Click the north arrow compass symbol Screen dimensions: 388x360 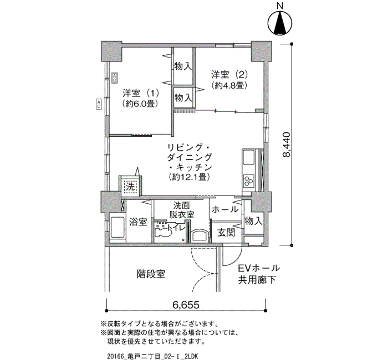pos(280,23)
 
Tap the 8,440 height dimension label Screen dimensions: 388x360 pos(286,145)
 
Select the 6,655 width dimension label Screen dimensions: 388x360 pos(186,305)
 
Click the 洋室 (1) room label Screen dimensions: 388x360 pos(141,93)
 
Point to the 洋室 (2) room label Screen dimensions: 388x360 pos(229,74)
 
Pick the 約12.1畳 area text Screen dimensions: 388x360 pos(190,177)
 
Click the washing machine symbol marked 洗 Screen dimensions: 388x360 pos(130,187)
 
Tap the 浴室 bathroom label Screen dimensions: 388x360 pos(138,222)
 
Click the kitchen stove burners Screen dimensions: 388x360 pos(248,180)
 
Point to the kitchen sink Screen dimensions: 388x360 pos(249,158)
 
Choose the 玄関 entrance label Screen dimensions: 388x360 pos(226,233)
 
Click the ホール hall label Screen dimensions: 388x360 pos(225,209)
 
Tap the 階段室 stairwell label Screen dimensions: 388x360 pos(151,274)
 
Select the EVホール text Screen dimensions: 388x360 pos(259,268)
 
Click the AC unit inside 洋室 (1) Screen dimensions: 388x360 pos(114,78)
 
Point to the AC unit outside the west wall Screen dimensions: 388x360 pos(99,104)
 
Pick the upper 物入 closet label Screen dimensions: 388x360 pos(183,66)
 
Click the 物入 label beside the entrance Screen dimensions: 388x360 pos(253,221)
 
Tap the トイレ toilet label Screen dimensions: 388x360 pos(176,228)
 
